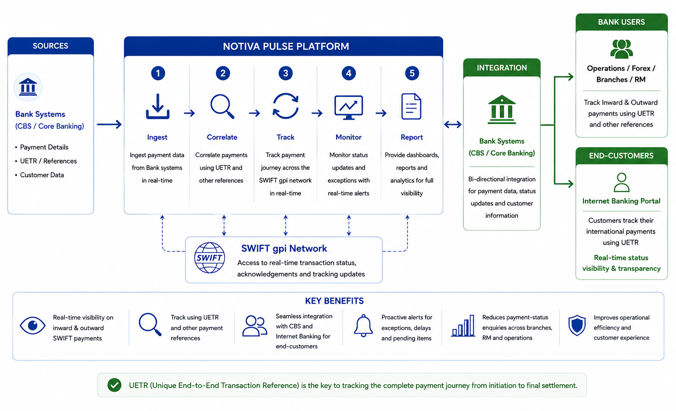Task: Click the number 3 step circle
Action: click(x=286, y=73)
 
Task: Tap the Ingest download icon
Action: click(x=158, y=106)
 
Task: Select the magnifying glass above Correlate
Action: click(x=222, y=106)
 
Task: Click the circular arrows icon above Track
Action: click(x=286, y=106)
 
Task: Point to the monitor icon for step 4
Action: click(x=349, y=107)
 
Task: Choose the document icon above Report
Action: click(x=411, y=106)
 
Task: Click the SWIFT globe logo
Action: click(x=209, y=258)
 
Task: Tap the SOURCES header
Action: click(x=51, y=46)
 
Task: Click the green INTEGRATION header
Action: click(x=502, y=68)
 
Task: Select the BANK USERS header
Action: click(x=621, y=22)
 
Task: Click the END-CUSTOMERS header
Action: click(x=621, y=156)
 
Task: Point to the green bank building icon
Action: click(x=502, y=109)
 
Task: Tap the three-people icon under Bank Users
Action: click(x=621, y=49)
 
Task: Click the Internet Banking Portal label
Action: click(x=621, y=201)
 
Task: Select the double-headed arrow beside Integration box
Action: click(x=453, y=125)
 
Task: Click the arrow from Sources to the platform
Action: click(x=109, y=125)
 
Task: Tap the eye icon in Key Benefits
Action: click(x=33, y=326)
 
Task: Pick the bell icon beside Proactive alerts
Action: click(x=364, y=326)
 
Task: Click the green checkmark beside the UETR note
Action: click(x=114, y=385)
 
